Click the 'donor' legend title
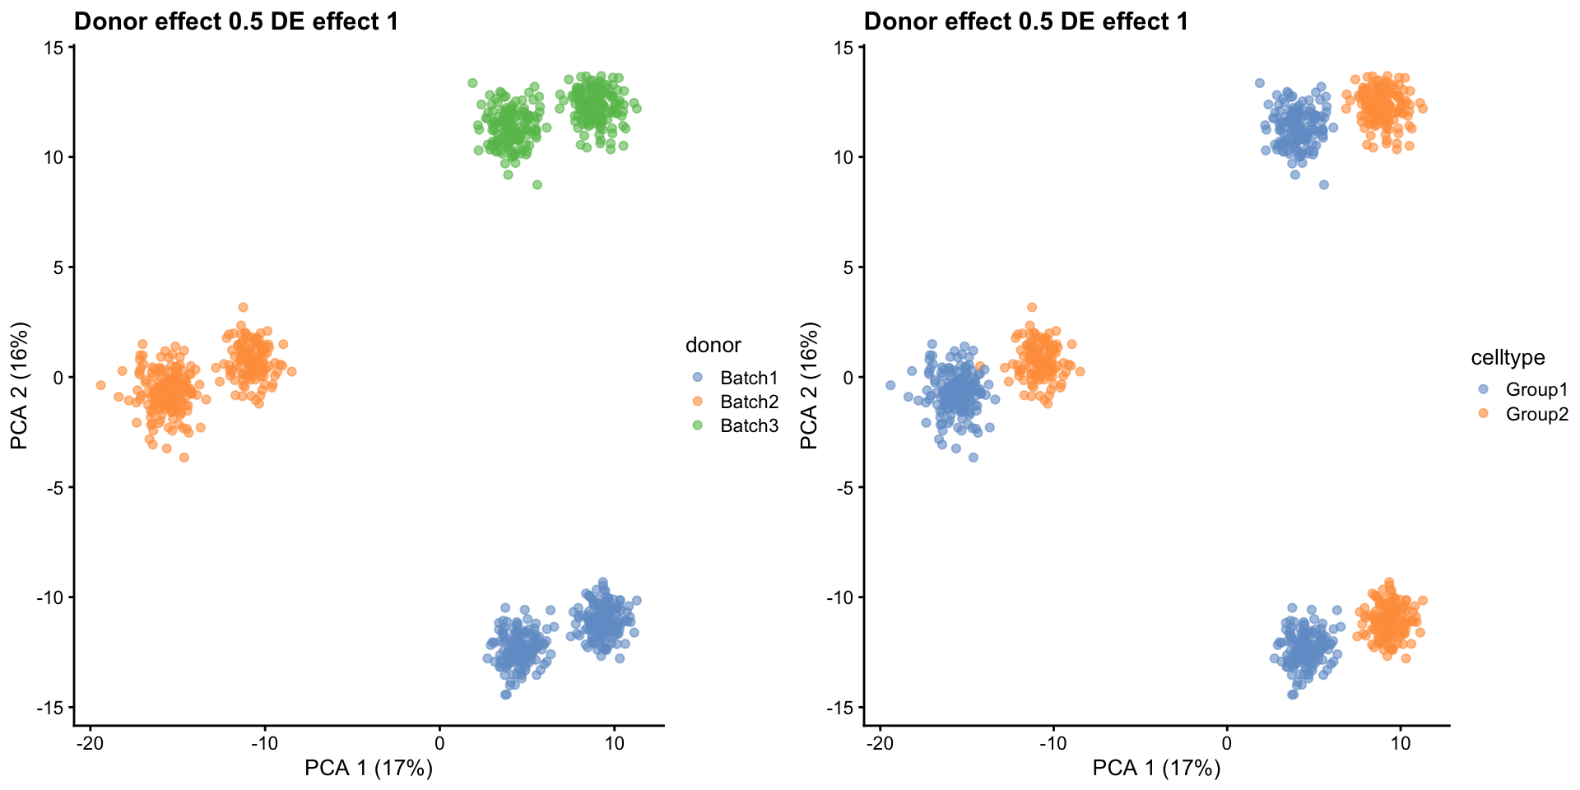click(713, 346)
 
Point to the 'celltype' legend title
click(1508, 357)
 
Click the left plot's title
click(236, 21)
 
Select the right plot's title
click(1025, 21)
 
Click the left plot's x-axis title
click(368, 769)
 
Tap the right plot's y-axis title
click(810, 385)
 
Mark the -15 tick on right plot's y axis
click(842, 708)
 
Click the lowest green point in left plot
click(537, 185)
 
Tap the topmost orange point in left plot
click(243, 307)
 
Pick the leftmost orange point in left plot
click(100, 385)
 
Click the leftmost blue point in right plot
click(890, 385)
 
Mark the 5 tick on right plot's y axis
click(848, 267)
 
